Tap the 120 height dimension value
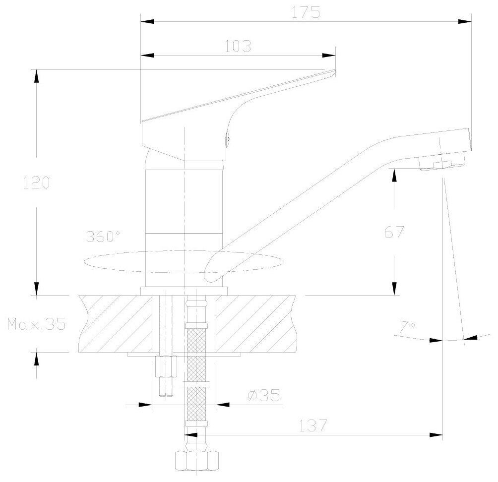click(x=37, y=182)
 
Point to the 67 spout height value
click(x=394, y=232)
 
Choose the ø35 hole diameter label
click(x=263, y=395)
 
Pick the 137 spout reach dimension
click(x=313, y=425)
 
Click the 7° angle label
click(x=407, y=326)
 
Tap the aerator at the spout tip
click(x=443, y=164)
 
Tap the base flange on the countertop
click(x=184, y=291)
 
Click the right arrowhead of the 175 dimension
click(x=465, y=21)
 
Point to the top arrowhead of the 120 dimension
click(x=36, y=76)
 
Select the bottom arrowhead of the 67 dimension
click(x=394, y=289)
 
